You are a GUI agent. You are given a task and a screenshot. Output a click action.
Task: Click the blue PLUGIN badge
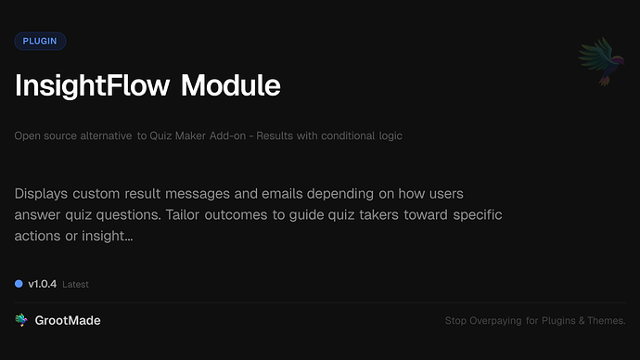click(x=40, y=41)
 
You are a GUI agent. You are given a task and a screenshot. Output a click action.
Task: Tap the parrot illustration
click(x=599, y=63)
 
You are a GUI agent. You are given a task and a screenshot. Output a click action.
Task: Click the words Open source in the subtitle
click(x=45, y=136)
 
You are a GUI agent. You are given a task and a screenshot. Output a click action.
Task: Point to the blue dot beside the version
click(x=19, y=284)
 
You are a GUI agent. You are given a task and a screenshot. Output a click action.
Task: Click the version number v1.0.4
click(x=43, y=284)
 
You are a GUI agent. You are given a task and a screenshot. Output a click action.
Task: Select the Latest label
click(x=75, y=285)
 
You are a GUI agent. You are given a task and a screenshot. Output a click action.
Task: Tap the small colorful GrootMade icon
click(x=21, y=320)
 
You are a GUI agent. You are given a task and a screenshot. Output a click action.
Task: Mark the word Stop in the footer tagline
click(x=454, y=321)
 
